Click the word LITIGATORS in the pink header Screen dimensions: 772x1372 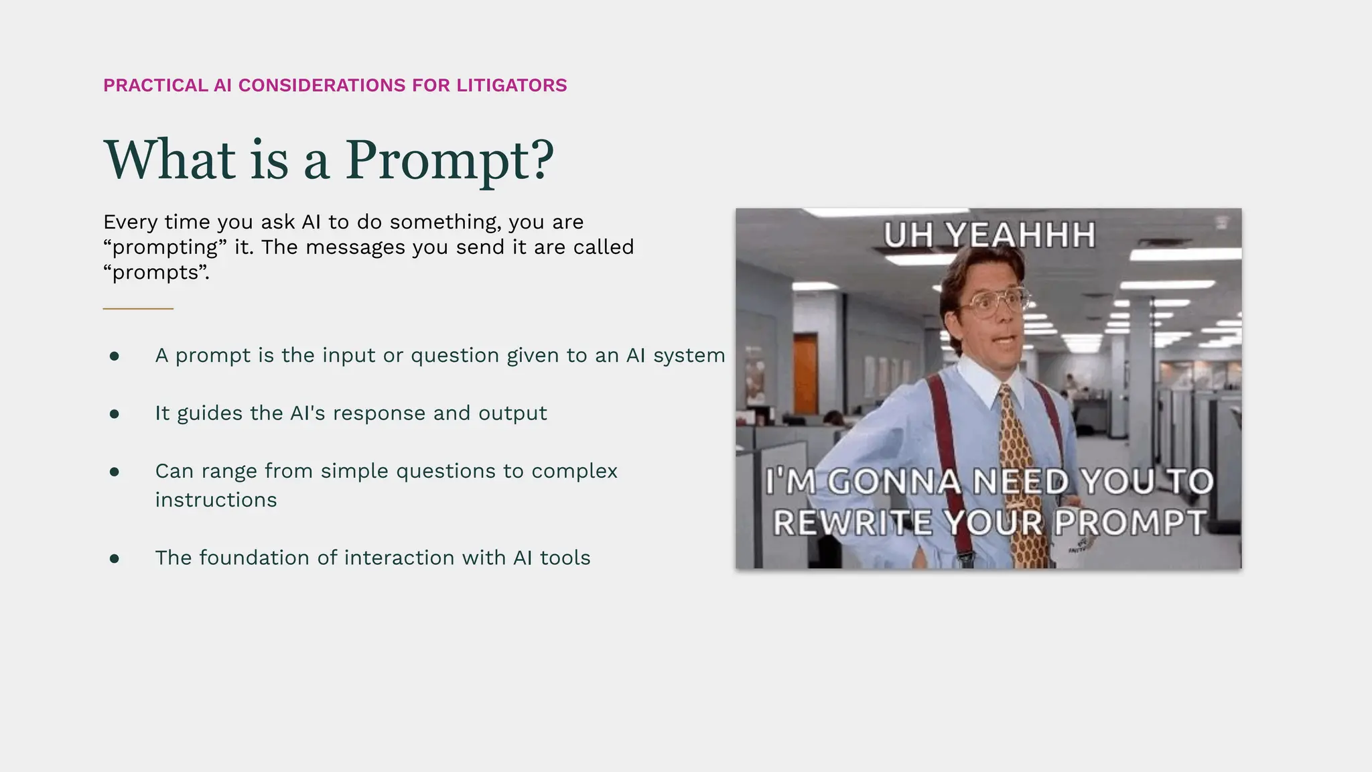click(511, 86)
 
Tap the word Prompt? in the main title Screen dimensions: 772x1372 click(450, 161)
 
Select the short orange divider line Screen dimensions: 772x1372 click(138, 308)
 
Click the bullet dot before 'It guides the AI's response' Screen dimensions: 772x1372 click(115, 414)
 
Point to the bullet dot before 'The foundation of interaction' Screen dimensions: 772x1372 click(115, 558)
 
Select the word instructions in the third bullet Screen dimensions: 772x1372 click(216, 500)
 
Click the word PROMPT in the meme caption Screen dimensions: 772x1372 click(1130, 523)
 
